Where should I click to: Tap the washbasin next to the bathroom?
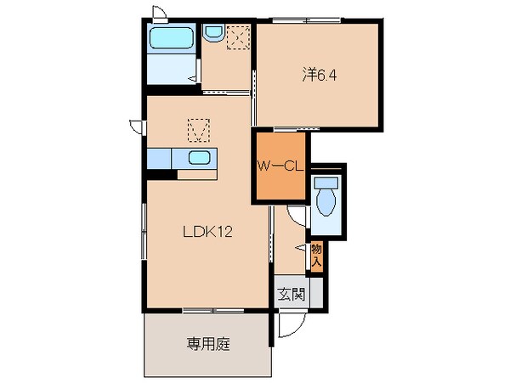point(212,33)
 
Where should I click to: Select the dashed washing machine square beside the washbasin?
point(238,36)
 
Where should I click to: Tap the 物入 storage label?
point(316,255)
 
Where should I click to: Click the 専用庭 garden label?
point(207,345)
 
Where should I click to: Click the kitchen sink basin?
point(199,158)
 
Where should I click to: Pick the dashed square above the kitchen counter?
point(198,130)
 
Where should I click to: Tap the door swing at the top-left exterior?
point(158,12)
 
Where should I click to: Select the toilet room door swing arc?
point(296,215)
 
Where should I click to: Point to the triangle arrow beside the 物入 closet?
point(299,247)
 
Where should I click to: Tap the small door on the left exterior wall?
point(136,124)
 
